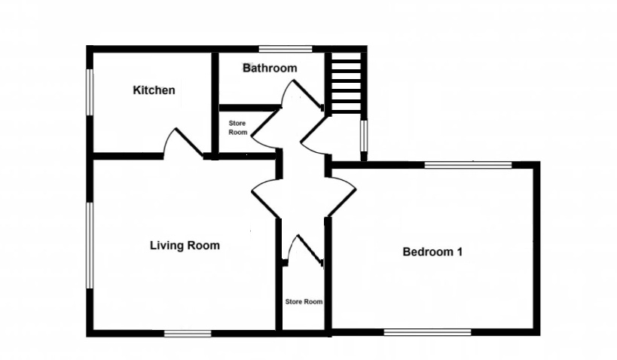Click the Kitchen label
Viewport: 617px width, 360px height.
(x=154, y=90)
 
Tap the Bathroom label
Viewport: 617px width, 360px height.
(x=270, y=68)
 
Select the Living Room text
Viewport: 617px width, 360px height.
(x=185, y=246)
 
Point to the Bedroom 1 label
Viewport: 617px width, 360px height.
(x=432, y=252)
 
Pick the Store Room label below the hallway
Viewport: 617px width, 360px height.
(x=304, y=301)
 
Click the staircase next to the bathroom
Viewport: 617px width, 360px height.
(x=347, y=81)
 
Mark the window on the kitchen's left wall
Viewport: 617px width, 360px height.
(x=89, y=92)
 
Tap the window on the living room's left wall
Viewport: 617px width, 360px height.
(x=89, y=245)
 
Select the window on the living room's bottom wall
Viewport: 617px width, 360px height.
(x=188, y=333)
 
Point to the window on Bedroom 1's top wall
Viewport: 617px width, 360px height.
(x=468, y=164)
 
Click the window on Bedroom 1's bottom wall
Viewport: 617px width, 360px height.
(x=427, y=332)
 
